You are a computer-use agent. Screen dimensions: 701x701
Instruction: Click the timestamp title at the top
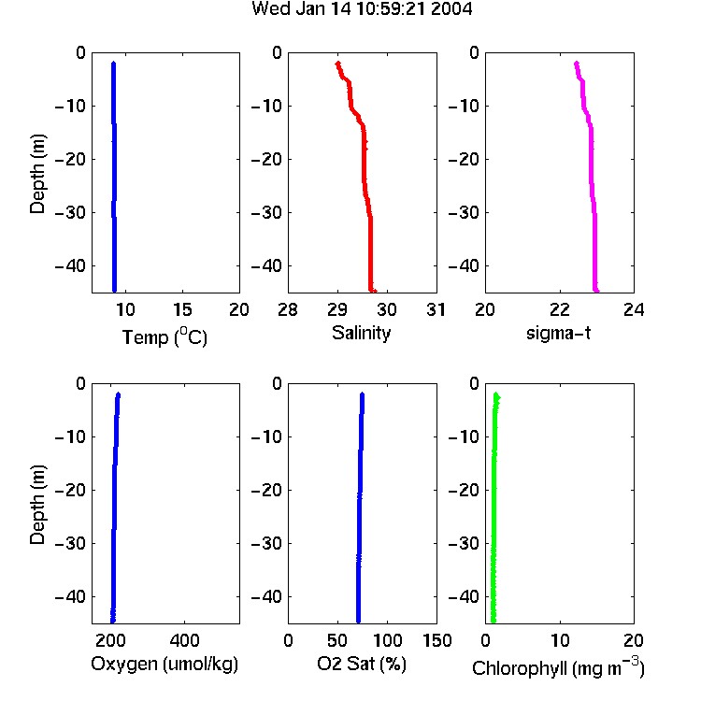pyautogui.click(x=362, y=8)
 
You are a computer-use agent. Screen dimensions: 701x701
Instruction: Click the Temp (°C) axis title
pyautogui.click(x=165, y=336)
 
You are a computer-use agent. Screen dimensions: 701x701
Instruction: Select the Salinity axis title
pyautogui.click(x=361, y=334)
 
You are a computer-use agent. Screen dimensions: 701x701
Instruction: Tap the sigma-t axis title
pyautogui.click(x=558, y=333)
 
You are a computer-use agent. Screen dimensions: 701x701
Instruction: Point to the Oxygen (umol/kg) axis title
pyautogui.click(x=165, y=665)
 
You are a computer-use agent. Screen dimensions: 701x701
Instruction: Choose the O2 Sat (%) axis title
pyautogui.click(x=362, y=664)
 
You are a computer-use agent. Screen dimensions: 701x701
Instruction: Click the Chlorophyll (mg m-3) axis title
pyautogui.click(x=558, y=667)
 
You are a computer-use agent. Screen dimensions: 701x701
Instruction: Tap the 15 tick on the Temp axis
pyautogui.click(x=182, y=309)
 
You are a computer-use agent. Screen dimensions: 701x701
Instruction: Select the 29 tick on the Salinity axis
pyautogui.click(x=337, y=309)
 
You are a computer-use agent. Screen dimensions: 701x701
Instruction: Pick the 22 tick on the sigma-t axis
pyautogui.click(x=560, y=309)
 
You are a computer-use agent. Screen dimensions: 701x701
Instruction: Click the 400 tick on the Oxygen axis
pyautogui.click(x=184, y=640)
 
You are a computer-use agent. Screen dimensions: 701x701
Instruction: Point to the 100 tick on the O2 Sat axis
pyautogui.click(x=387, y=640)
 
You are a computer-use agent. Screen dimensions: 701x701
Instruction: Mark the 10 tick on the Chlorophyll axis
pyautogui.click(x=560, y=640)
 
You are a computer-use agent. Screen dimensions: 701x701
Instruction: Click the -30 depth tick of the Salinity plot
pyautogui.click(x=266, y=213)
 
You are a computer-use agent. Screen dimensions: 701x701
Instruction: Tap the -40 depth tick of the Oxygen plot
pyautogui.click(x=70, y=597)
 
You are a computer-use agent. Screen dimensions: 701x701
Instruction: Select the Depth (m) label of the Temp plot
pyautogui.click(x=37, y=174)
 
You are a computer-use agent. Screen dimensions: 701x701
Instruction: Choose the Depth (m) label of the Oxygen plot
pyautogui.click(x=37, y=505)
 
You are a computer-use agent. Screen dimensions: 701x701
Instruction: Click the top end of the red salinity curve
pyautogui.click(x=338, y=64)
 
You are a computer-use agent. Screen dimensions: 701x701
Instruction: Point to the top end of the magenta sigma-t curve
pyautogui.click(x=577, y=64)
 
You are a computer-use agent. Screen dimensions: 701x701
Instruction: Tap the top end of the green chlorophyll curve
pyautogui.click(x=495, y=394)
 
